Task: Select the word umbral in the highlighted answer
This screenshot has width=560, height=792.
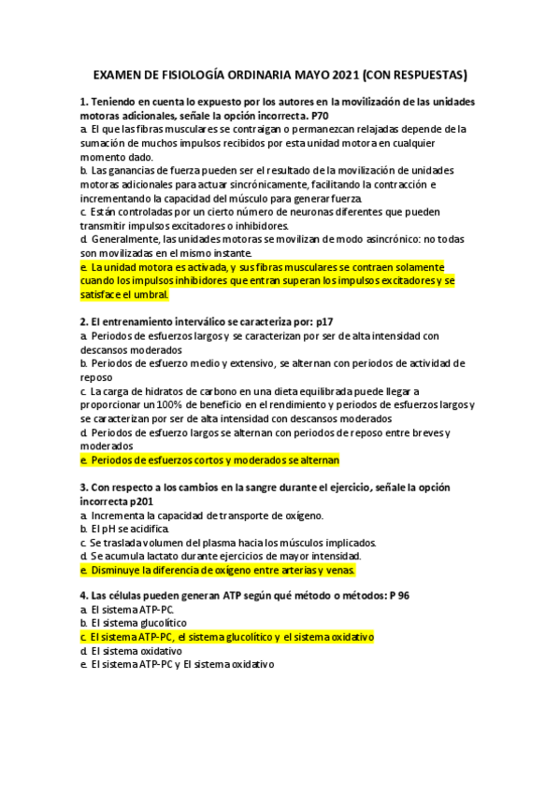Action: tap(150, 295)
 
